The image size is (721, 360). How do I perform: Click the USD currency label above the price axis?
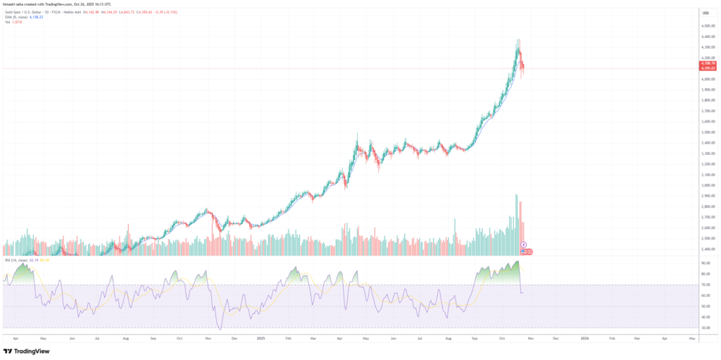[705, 13]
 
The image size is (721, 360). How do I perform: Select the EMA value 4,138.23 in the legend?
[32, 16]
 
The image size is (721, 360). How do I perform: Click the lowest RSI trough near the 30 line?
[220, 328]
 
